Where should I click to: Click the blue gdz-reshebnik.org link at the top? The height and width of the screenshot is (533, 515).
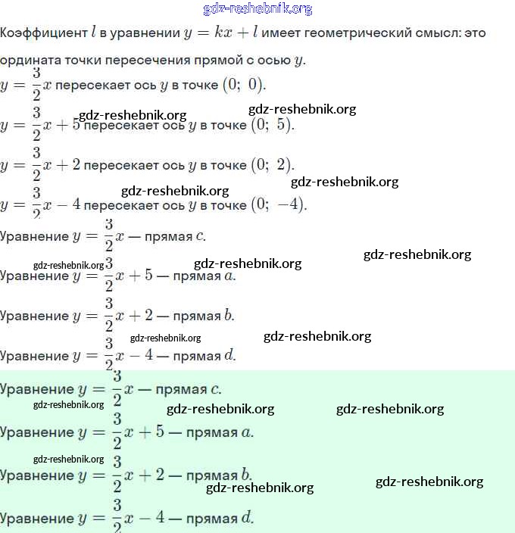coord(257,9)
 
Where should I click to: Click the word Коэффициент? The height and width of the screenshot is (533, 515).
coord(44,33)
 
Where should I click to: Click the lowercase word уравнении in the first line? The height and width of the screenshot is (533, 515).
coord(140,33)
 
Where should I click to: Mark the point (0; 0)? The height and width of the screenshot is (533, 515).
coord(242,83)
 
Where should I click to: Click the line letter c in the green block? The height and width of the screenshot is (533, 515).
coord(216,390)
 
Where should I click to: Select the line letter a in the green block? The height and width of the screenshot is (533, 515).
coord(248,432)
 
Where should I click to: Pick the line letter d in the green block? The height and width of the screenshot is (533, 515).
coord(247,519)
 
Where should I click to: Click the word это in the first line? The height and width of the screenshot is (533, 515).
coord(473,33)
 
